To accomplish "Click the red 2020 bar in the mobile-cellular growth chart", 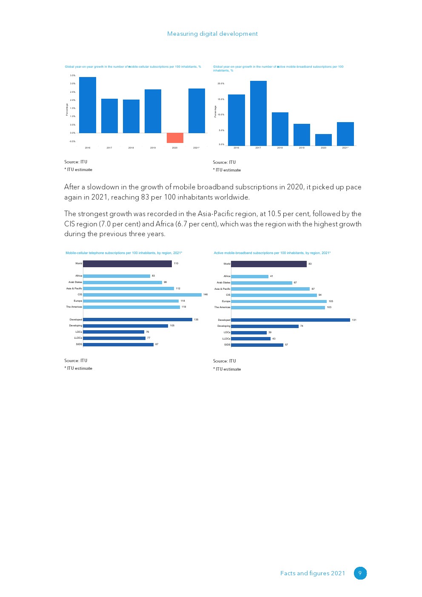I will [175, 138].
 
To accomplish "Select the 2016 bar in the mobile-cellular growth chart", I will [88, 105].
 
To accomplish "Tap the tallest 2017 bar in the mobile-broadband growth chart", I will [258, 113].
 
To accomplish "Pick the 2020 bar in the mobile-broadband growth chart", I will [323, 140].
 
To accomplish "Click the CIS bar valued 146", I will [142, 294].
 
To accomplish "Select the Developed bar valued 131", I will [290, 320].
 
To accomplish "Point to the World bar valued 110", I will [127, 264].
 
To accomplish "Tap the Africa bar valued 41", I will [249, 277].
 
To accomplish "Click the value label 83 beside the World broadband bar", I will [310, 264].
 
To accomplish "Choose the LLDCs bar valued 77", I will [114, 338].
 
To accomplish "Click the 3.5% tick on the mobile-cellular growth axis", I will [73, 75].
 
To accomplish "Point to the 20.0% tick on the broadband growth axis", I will [221, 83].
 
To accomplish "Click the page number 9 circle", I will [360, 573].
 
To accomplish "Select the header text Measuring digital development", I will [212, 34].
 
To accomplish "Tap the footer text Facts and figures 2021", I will [313, 573].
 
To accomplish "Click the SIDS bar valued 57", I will [257, 345].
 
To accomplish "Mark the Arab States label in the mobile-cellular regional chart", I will [75, 282].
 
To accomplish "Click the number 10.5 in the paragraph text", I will [274, 214].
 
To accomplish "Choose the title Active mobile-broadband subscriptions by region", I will [272, 253].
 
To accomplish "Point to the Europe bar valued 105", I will [279, 301].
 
